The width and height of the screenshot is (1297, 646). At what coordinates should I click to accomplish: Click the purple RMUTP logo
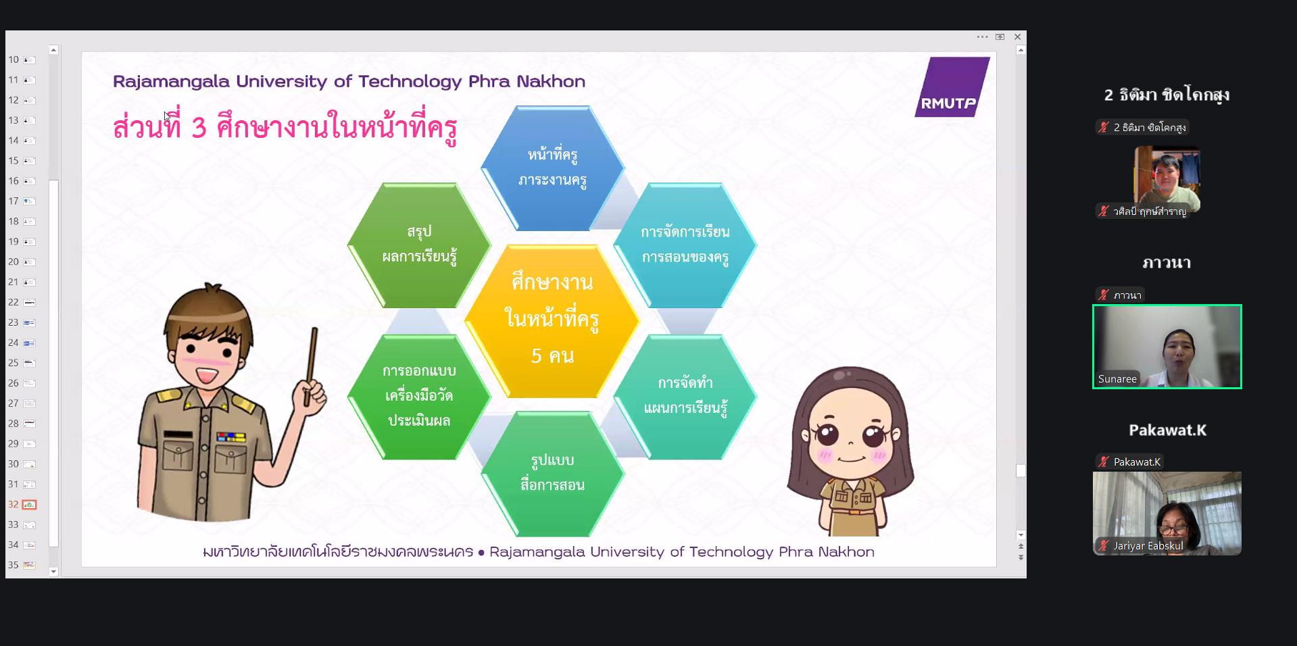(952, 87)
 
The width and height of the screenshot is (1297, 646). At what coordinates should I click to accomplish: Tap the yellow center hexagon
(552, 321)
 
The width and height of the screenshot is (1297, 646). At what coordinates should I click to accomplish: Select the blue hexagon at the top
(552, 168)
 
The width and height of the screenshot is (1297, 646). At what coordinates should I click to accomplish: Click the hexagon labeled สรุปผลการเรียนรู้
(419, 245)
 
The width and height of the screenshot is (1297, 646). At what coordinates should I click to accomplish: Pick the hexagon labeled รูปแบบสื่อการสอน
(552, 474)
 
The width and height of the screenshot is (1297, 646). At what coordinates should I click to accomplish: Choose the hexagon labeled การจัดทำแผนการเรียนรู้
(685, 397)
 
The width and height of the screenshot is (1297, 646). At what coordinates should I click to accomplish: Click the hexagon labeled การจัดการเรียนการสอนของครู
(685, 245)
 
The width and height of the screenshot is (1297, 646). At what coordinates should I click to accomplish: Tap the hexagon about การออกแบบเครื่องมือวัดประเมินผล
(419, 397)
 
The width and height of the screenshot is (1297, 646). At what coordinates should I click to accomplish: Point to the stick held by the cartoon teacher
(310, 366)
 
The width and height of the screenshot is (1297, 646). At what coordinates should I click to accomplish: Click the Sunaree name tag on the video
(1117, 379)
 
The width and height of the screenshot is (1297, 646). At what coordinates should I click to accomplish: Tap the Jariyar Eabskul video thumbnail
(1167, 514)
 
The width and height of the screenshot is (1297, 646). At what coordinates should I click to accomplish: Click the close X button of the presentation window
(1017, 37)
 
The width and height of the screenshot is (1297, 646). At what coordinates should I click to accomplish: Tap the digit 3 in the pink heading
(198, 128)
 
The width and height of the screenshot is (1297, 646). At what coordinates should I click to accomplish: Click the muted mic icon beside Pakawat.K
(1104, 462)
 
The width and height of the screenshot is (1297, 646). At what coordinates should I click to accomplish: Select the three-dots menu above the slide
(982, 37)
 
